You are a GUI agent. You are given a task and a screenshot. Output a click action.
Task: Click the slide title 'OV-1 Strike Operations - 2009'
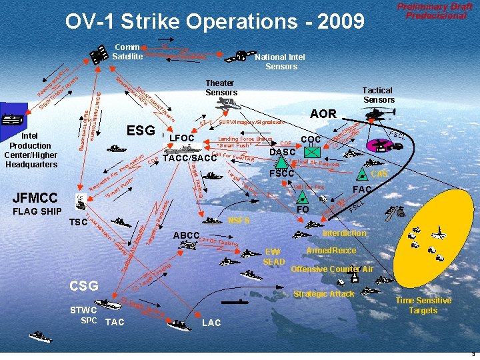[x=215, y=21]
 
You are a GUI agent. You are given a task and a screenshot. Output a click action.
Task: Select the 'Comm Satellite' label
[x=126, y=51]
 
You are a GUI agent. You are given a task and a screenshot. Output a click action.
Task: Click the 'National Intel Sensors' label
[x=281, y=61]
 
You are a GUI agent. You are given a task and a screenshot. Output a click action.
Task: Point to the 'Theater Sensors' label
[x=221, y=87]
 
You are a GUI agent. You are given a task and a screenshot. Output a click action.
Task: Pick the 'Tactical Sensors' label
[x=377, y=95]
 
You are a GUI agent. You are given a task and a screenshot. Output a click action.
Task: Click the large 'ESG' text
[x=141, y=130]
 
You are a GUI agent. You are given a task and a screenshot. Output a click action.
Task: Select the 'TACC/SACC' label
[x=185, y=158]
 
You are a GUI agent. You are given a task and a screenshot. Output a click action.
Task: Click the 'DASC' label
[x=282, y=152]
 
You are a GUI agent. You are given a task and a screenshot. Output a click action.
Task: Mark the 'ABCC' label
[x=186, y=236]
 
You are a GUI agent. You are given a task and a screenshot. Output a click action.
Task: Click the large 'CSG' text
[x=84, y=286]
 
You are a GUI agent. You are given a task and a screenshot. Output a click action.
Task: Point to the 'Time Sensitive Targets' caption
[x=423, y=305]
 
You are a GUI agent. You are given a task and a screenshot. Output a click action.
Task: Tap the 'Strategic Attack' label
[x=323, y=294]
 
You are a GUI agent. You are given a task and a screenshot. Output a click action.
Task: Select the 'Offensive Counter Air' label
[x=331, y=269]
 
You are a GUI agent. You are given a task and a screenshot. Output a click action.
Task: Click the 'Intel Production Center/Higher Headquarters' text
[x=30, y=149]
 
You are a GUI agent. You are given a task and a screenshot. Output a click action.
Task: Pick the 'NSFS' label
[x=238, y=219]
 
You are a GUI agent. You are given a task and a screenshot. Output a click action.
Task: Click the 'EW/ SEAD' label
[x=273, y=256]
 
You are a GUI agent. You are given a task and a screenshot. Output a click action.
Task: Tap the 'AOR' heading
[x=323, y=114]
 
